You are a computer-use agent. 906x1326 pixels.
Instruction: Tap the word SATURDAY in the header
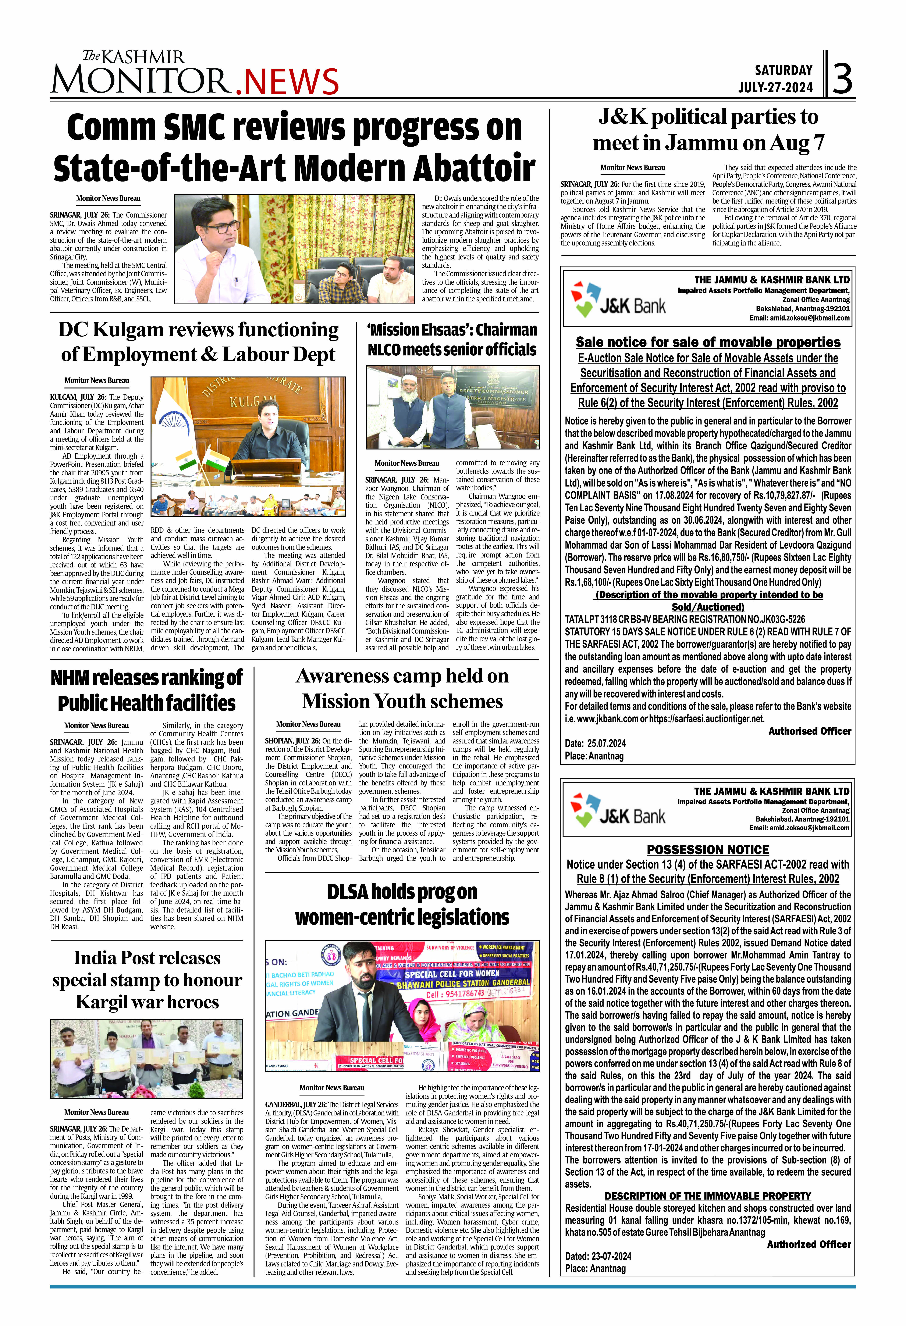pos(783,70)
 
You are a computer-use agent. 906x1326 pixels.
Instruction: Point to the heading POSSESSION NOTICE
pos(708,850)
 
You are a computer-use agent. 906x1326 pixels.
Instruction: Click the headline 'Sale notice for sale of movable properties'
pos(708,342)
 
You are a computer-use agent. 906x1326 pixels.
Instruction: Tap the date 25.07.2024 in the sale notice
pos(604,743)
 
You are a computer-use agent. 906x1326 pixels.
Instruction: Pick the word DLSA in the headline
pos(347,892)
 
